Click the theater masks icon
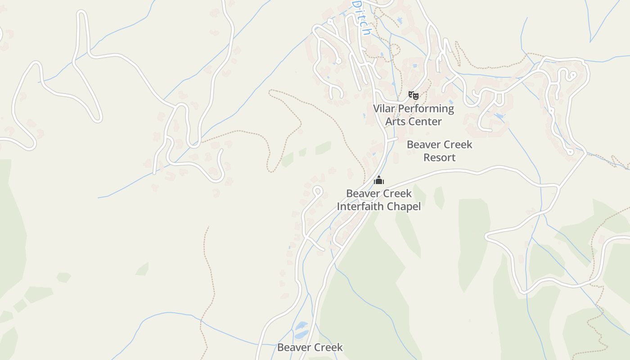click(x=414, y=95)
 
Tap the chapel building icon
click(x=379, y=180)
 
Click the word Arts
click(x=394, y=121)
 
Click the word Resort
click(x=439, y=157)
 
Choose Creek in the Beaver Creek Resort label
click(x=457, y=144)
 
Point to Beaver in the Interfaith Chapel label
click(x=362, y=193)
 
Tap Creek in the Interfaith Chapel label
click(x=396, y=193)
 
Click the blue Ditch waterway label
click(x=362, y=18)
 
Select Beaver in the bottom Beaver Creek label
click(x=293, y=347)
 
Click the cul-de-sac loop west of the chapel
click(x=317, y=191)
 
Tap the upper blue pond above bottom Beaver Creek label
click(x=301, y=325)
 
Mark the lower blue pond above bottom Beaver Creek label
click(x=301, y=334)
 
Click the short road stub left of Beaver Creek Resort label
click(x=392, y=140)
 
